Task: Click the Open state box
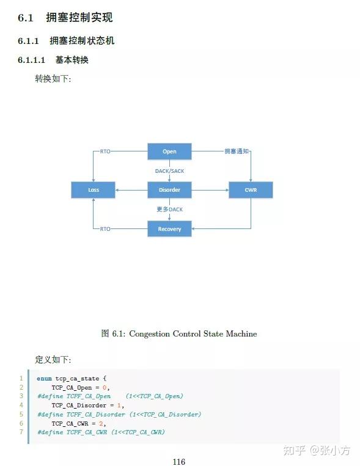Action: point(169,151)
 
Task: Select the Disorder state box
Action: point(169,190)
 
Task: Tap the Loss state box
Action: point(93,190)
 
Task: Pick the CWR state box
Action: point(251,190)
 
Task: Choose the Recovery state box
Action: point(169,229)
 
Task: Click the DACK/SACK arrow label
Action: point(169,171)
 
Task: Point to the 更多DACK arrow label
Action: point(169,209)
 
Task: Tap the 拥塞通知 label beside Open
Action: point(237,151)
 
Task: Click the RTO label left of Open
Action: point(105,151)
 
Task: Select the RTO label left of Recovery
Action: point(105,229)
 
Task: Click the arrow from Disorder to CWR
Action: point(210,190)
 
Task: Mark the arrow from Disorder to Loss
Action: point(131,190)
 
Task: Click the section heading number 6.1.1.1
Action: point(31,60)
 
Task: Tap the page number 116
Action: point(179,462)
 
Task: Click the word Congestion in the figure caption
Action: point(149,333)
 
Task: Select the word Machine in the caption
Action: point(241,333)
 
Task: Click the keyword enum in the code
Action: point(44,378)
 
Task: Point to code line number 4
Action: point(21,405)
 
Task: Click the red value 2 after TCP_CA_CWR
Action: point(101,423)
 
